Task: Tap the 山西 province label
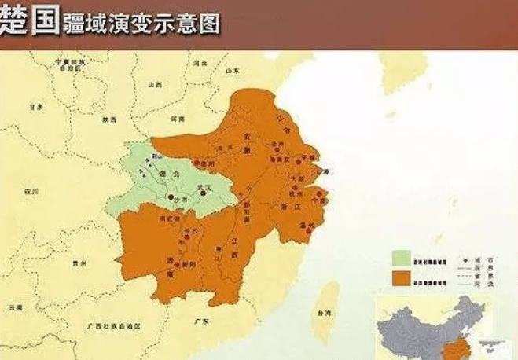(156, 83)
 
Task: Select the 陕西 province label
(109, 119)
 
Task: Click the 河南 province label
(178, 119)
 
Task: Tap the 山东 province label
(232, 70)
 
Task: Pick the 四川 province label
(31, 191)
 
